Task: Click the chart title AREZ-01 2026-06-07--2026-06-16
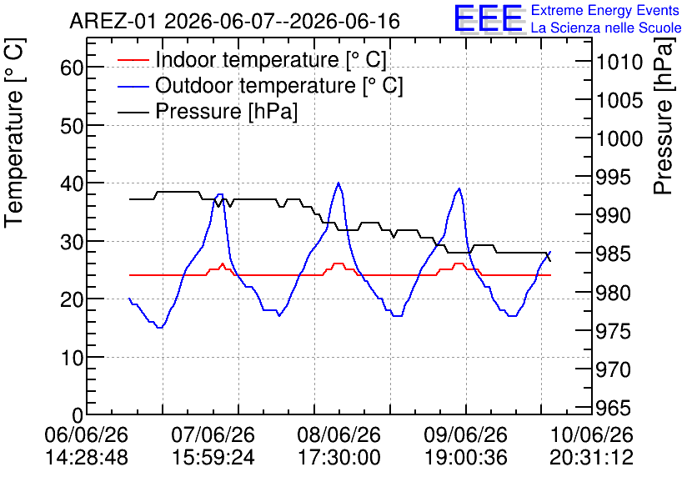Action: (x=235, y=21)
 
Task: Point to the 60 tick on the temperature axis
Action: (x=72, y=68)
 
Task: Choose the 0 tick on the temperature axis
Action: (x=78, y=415)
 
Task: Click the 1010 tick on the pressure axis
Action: (x=619, y=63)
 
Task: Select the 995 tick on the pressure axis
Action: (x=614, y=178)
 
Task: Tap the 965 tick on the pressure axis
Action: (x=614, y=408)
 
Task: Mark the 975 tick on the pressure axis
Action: (x=614, y=331)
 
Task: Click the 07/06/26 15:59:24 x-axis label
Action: (x=213, y=445)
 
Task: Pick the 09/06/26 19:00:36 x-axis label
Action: (x=466, y=445)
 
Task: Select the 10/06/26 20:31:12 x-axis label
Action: (x=592, y=445)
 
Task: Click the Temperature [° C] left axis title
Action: (x=14, y=133)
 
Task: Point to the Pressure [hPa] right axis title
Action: (x=664, y=116)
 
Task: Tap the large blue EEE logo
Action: (x=489, y=18)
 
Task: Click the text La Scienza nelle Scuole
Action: (x=606, y=28)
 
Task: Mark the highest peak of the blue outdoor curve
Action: (x=338, y=183)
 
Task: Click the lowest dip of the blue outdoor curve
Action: (x=159, y=327)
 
